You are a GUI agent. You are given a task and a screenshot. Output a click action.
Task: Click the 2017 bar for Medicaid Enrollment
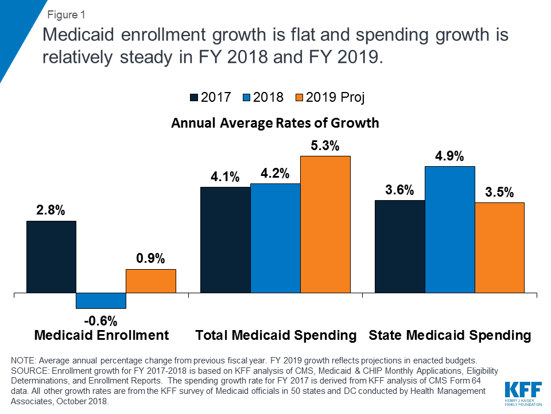(51, 256)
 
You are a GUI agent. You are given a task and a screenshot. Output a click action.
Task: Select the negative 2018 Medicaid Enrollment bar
(101, 300)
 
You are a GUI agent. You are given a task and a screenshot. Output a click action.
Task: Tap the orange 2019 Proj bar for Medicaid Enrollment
(151, 281)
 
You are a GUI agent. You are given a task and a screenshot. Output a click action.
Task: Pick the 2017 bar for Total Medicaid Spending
(225, 240)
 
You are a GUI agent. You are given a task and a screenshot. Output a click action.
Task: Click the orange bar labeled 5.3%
(325, 224)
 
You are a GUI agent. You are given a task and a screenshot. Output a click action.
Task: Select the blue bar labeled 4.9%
(449, 229)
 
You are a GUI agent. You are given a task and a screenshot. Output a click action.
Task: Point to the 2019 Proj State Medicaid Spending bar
(499, 247)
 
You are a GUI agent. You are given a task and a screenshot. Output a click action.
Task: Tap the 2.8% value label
(51, 210)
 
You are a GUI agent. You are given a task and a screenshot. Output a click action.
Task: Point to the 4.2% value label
(275, 174)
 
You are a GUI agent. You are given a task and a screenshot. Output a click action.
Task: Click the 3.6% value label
(399, 190)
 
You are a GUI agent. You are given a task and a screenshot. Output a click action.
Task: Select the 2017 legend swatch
(194, 98)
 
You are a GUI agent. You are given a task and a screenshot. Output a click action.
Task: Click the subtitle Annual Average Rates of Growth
(275, 122)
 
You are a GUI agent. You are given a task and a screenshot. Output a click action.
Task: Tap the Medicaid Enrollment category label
(102, 335)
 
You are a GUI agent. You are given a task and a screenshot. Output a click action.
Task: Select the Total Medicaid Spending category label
(276, 335)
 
